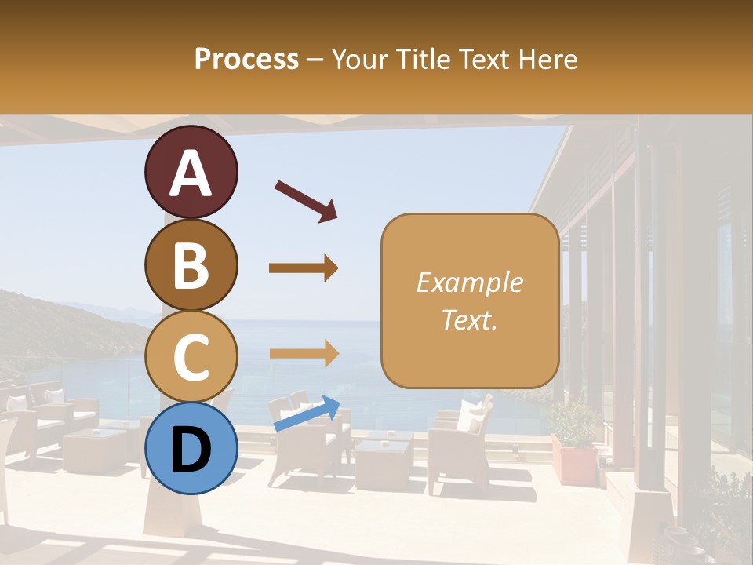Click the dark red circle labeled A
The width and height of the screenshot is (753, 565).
[x=191, y=172]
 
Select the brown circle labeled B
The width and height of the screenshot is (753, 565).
[x=191, y=264]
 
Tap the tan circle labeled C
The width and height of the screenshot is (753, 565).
[x=191, y=357]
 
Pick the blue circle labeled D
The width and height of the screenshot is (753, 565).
[x=191, y=448]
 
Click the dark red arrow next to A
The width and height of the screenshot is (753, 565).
[x=306, y=201]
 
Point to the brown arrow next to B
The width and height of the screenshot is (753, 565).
[x=304, y=268]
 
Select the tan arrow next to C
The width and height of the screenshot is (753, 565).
[x=304, y=353]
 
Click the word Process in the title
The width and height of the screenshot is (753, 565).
[x=246, y=59]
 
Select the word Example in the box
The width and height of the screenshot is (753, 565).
[x=469, y=282]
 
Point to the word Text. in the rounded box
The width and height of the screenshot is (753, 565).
[x=469, y=319]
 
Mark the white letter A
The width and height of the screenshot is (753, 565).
[x=191, y=173]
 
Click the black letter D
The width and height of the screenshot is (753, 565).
[x=191, y=450]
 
